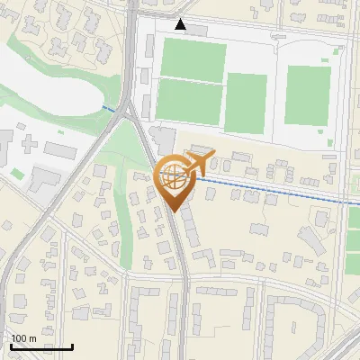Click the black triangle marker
pyautogui.click(x=181, y=24)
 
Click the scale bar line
pyautogui.click(x=41, y=346)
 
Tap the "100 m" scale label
pyautogui.click(x=23, y=337)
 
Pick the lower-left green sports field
pyautogui.click(x=187, y=100)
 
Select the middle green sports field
pyautogui.click(x=247, y=102)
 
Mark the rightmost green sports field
pyautogui.click(x=307, y=94)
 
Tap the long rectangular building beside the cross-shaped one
pyautogui.click(x=62, y=148)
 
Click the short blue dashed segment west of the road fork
pyautogui.click(x=108, y=108)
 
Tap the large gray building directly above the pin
pyautogui.click(x=165, y=139)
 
